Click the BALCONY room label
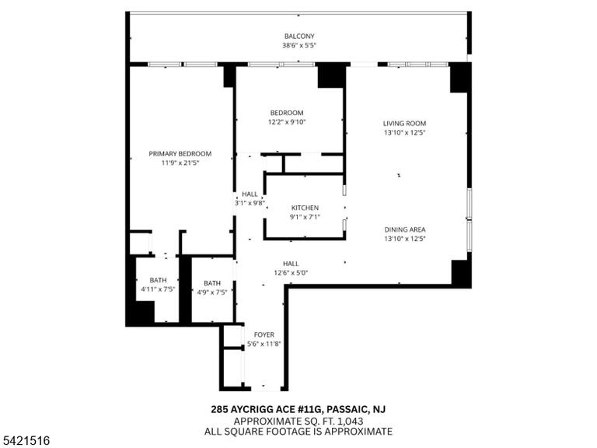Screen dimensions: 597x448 [x=299, y=37]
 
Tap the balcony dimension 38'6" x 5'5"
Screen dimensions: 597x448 [x=299, y=45]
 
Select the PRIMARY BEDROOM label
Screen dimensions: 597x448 [x=180, y=154]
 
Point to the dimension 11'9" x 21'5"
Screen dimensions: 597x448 [x=180, y=163]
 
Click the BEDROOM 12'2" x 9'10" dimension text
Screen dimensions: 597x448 [x=287, y=122]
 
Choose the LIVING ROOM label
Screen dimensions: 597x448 [x=404, y=124]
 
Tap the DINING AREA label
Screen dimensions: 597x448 [x=405, y=229]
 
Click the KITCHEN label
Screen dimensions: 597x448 [x=305, y=208]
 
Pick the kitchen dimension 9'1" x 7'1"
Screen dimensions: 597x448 [x=305, y=217]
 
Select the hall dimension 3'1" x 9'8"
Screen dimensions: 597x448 [x=250, y=203]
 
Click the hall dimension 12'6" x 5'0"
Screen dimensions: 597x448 [x=291, y=273]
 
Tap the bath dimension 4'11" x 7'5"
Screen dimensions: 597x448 [x=158, y=289]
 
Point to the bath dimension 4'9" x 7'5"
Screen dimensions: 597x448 [x=212, y=292]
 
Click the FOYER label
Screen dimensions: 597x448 [x=264, y=335]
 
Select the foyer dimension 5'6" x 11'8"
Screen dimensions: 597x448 [x=264, y=344]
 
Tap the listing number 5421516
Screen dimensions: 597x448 [x=25, y=441]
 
